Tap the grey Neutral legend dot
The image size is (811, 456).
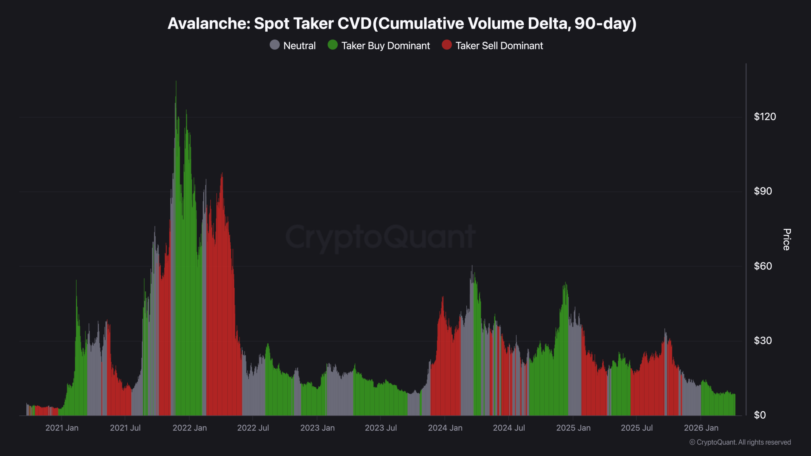pyautogui.click(x=275, y=45)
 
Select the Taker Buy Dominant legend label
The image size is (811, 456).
pyautogui.click(x=386, y=46)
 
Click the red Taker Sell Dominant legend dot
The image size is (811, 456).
pyautogui.click(x=447, y=45)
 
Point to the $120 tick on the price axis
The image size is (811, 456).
pyautogui.click(x=765, y=117)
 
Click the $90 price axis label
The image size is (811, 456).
pyautogui.click(x=763, y=191)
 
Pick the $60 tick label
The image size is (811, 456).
pyautogui.click(x=763, y=266)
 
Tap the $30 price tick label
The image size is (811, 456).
pyautogui.click(x=763, y=341)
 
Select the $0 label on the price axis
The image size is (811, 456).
pyautogui.click(x=760, y=415)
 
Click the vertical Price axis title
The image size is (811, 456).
pyautogui.click(x=787, y=239)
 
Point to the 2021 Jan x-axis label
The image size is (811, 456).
pyautogui.click(x=62, y=428)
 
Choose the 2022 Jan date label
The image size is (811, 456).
pyautogui.click(x=189, y=428)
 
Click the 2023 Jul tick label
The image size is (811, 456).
pyautogui.click(x=381, y=428)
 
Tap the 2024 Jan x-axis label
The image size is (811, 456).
pyautogui.click(x=445, y=428)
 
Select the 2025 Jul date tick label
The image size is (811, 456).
pyautogui.click(x=637, y=428)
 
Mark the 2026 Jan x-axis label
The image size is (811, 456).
pyautogui.click(x=701, y=428)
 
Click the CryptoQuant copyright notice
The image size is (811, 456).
pyautogui.click(x=740, y=442)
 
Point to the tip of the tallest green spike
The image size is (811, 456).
pyautogui.click(x=176, y=82)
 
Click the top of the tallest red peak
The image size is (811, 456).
pyautogui.click(x=222, y=174)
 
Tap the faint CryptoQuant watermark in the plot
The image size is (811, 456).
pyautogui.click(x=380, y=237)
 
